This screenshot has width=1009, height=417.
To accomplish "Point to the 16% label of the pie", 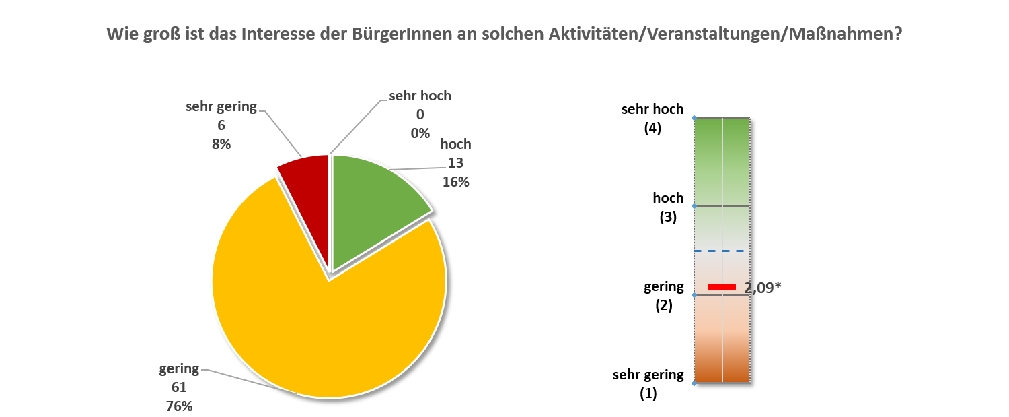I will click(x=455, y=181).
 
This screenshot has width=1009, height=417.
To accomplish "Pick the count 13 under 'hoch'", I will click(x=455, y=163).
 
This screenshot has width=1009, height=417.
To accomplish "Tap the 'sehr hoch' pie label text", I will click(x=420, y=96).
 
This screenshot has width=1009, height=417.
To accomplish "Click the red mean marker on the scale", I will click(x=722, y=288).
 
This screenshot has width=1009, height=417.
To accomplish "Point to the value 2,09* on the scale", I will click(x=762, y=288).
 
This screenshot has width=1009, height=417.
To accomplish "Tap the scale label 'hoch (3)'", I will click(x=667, y=207).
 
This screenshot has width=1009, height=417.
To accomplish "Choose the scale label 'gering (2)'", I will click(x=663, y=295).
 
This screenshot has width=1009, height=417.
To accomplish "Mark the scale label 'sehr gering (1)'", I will click(x=648, y=383).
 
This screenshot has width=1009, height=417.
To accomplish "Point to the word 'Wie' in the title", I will click(x=121, y=34).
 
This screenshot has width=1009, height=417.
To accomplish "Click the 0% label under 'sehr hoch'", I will click(x=420, y=133).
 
